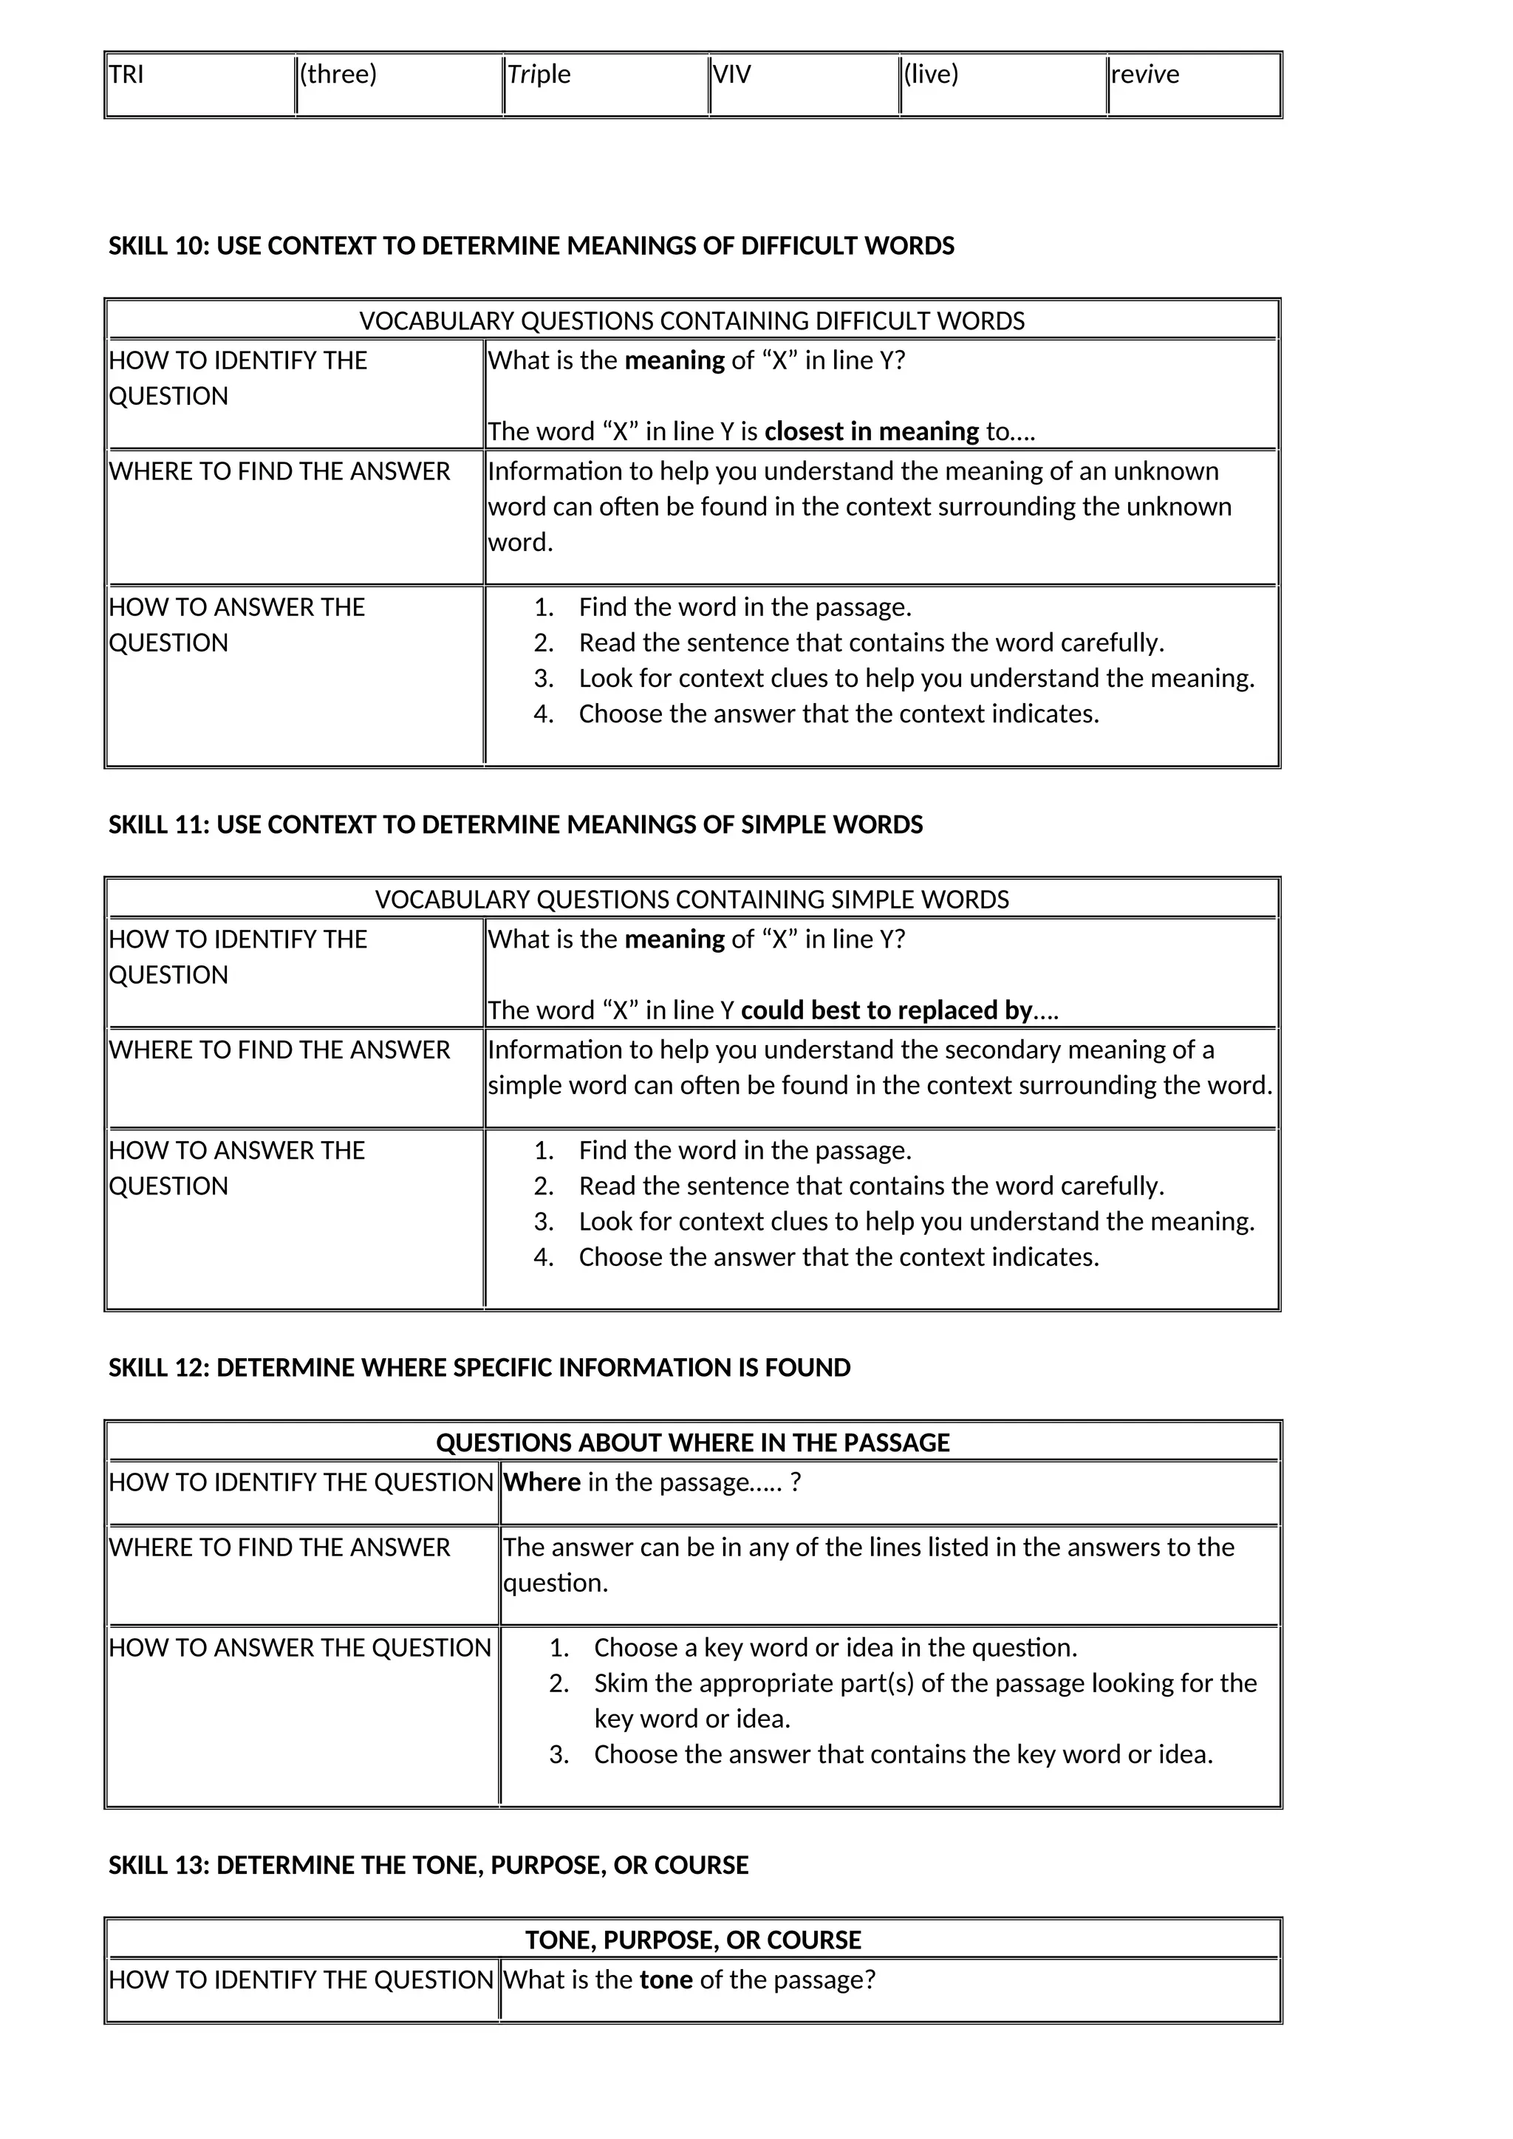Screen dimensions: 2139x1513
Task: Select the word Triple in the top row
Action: click(x=539, y=75)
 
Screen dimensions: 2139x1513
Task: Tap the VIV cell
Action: click(x=731, y=75)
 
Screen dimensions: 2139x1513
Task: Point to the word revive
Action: click(x=1144, y=75)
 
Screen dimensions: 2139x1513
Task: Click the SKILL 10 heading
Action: click(x=531, y=246)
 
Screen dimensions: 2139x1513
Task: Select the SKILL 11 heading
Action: click(x=515, y=824)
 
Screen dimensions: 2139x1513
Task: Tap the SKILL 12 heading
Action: click(x=479, y=1368)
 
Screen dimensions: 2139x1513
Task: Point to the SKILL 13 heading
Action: click(x=428, y=1865)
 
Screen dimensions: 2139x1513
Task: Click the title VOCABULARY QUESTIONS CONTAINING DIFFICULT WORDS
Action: click(x=691, y=321)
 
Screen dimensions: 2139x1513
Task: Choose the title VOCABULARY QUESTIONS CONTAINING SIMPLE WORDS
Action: click(x=691, y=900)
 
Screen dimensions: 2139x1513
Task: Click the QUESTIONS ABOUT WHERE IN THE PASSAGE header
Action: click(x=691, y=1443)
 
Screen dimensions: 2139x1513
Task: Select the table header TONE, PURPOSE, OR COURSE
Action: click(x=691, y=1940)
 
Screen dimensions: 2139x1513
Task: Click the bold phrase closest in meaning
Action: click(x=871, y=432)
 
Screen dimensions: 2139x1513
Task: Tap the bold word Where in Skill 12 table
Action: click(x=542, y=1482)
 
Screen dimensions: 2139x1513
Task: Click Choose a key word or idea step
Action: click(x=835, y=1648)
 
